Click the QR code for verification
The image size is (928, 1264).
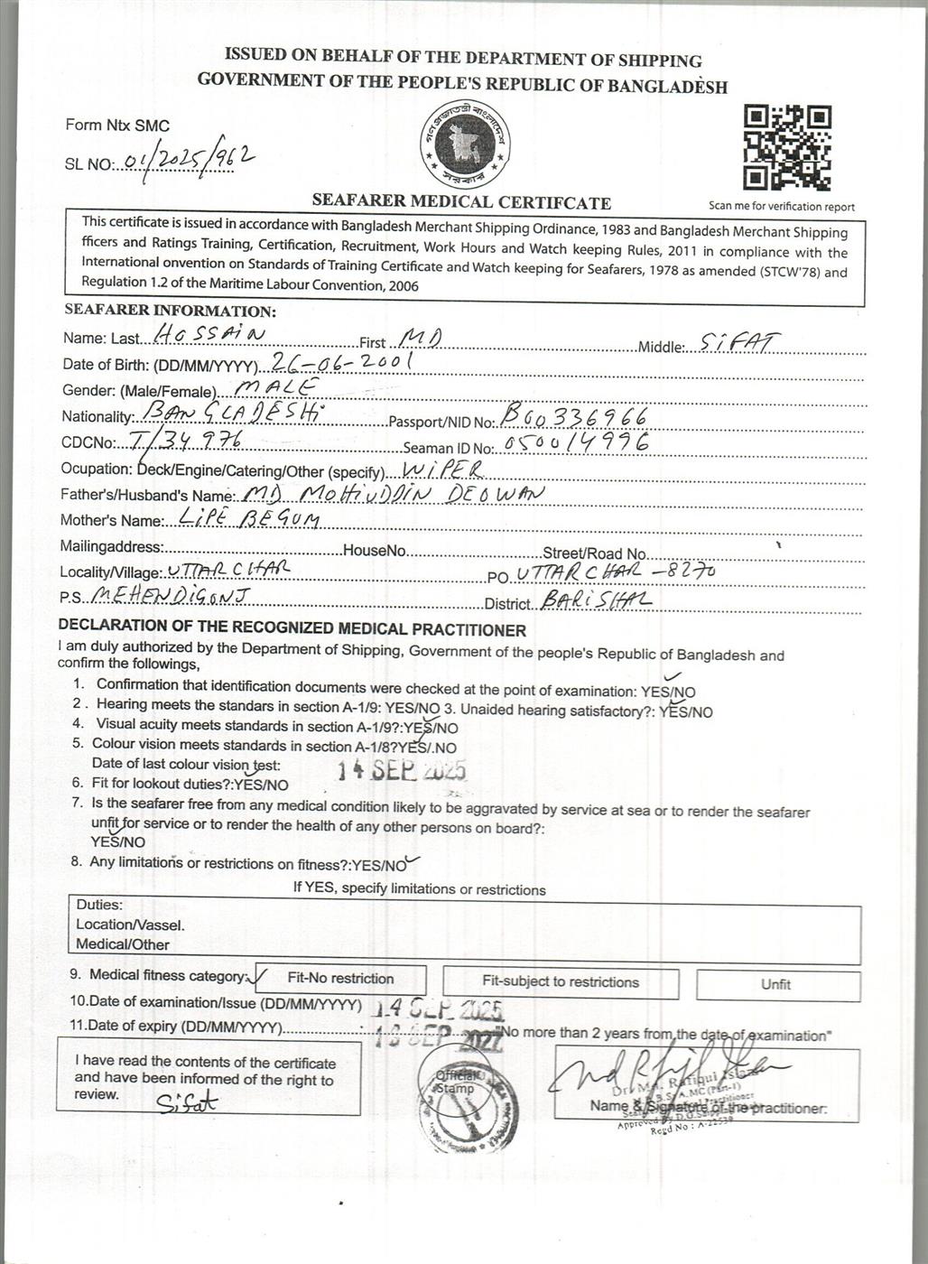786,147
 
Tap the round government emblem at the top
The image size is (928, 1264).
464,147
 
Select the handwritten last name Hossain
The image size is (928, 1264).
210,334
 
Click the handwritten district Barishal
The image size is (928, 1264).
597,600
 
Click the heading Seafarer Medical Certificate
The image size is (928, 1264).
461,202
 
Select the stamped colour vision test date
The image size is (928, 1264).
402,769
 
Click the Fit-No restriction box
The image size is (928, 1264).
340,979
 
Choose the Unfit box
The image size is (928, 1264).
775,984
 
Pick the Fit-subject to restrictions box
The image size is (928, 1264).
560,982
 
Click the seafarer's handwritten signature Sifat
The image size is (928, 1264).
188,1102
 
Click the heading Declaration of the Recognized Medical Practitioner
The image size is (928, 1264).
292,629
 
